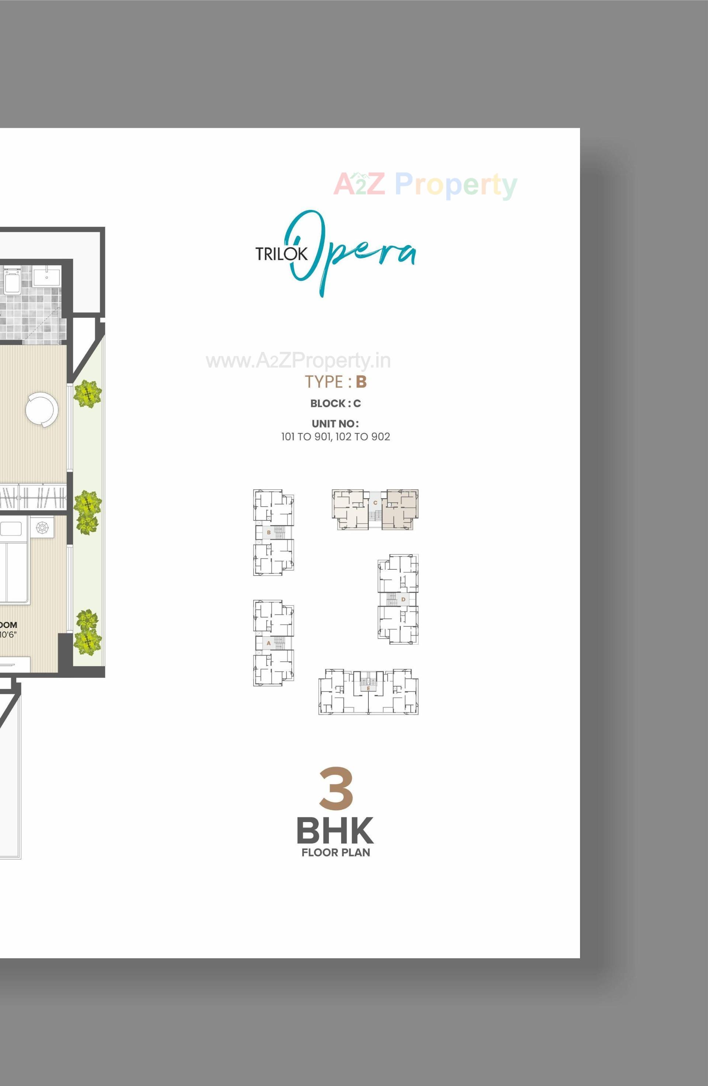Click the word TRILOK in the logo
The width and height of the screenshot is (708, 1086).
click(x=282, y=254)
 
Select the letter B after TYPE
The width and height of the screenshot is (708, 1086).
click(x=361, y=381)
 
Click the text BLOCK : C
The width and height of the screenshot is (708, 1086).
click(x=336, y=404)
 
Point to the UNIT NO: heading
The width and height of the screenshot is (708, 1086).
click(x=336, y=424)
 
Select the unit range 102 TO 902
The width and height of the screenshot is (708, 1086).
click(x=362, y=437)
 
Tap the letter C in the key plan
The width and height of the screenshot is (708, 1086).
click(x=375, y=502)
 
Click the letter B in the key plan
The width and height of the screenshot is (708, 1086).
click(x=269, y=532)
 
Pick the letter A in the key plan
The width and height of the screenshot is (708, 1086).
click(x=269, y=643)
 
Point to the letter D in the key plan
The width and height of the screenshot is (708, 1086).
click(x=403, y=599)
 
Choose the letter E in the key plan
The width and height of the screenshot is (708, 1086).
click(x=368, y=688)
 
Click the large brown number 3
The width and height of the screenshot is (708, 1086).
click(x=336, y=788)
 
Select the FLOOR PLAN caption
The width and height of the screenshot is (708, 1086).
click(x=336, y=852)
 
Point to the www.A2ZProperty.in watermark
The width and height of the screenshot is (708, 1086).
click(x=298, y=360)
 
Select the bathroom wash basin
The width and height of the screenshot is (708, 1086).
click(x=46, y=276)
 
